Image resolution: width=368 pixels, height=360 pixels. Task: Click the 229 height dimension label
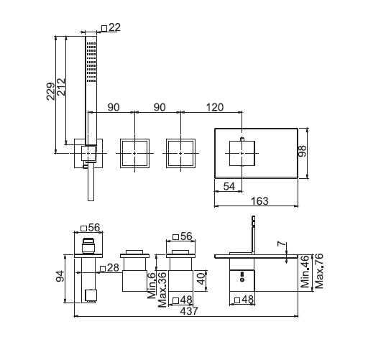[x=50, y=91]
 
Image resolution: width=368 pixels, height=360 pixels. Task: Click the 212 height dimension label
[x=61, y=87]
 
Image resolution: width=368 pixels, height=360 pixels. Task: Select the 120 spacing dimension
[x=215, y=107]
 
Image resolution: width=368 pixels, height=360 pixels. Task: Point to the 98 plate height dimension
[x=303, y=151]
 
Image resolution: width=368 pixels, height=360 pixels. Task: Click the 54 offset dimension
[x=229, y=186]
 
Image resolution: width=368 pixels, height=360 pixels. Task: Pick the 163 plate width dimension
[x=259, y=201]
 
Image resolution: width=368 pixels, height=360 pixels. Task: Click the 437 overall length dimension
[x=189, y=311]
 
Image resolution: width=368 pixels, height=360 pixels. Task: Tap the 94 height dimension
[x=60, y=276]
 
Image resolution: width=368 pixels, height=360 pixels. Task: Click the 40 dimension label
[x=201, y=279]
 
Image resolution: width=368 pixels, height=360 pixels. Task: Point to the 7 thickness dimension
[x=282, y=244]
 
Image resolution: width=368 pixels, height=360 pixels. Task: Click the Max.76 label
[x=319, y=271]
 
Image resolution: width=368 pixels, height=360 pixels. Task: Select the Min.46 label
[x=305, y=272]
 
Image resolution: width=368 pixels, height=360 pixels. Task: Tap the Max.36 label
[x=162, y=290]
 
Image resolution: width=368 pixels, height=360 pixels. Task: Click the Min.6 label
[x=152, y=285]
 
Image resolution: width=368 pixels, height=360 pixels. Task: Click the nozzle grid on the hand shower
[x=91, y=63]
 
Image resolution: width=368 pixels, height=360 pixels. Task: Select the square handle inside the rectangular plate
[x=242, y=153]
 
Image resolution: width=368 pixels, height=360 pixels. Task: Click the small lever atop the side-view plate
[x=253, y=235]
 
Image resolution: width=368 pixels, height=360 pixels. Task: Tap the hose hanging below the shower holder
[x=91, y=183]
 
